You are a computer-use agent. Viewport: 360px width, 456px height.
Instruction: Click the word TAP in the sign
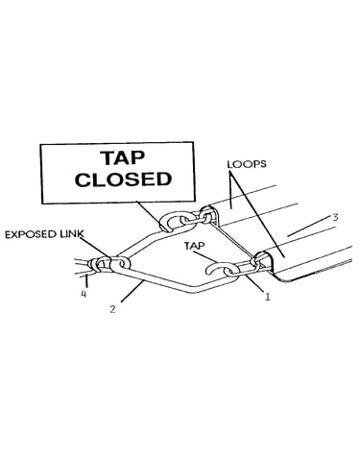[x=123, y=157]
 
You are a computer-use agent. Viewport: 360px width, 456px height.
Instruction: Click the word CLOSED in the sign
[x=123, y=180]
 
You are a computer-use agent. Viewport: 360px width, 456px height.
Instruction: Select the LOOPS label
[x=247, y=164]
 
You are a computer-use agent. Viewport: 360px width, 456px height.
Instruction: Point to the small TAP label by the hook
[x=194, y=246]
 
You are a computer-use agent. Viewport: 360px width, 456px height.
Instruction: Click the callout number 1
[x=267, y=297]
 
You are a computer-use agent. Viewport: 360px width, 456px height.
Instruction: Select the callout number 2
[x=112, y=309]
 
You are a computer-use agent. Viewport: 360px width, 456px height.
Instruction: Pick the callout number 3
[x=335, y=218]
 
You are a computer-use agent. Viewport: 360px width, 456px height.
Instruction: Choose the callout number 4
[x=84, y=294]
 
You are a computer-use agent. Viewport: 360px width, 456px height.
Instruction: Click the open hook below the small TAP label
[x=214, y=269]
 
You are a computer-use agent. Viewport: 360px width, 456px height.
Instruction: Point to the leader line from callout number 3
[x=308, y=226]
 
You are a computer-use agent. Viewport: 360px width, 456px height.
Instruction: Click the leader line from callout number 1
[x=253, y=283]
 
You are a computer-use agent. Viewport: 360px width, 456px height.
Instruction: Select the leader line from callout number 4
[x=86, y=280]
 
